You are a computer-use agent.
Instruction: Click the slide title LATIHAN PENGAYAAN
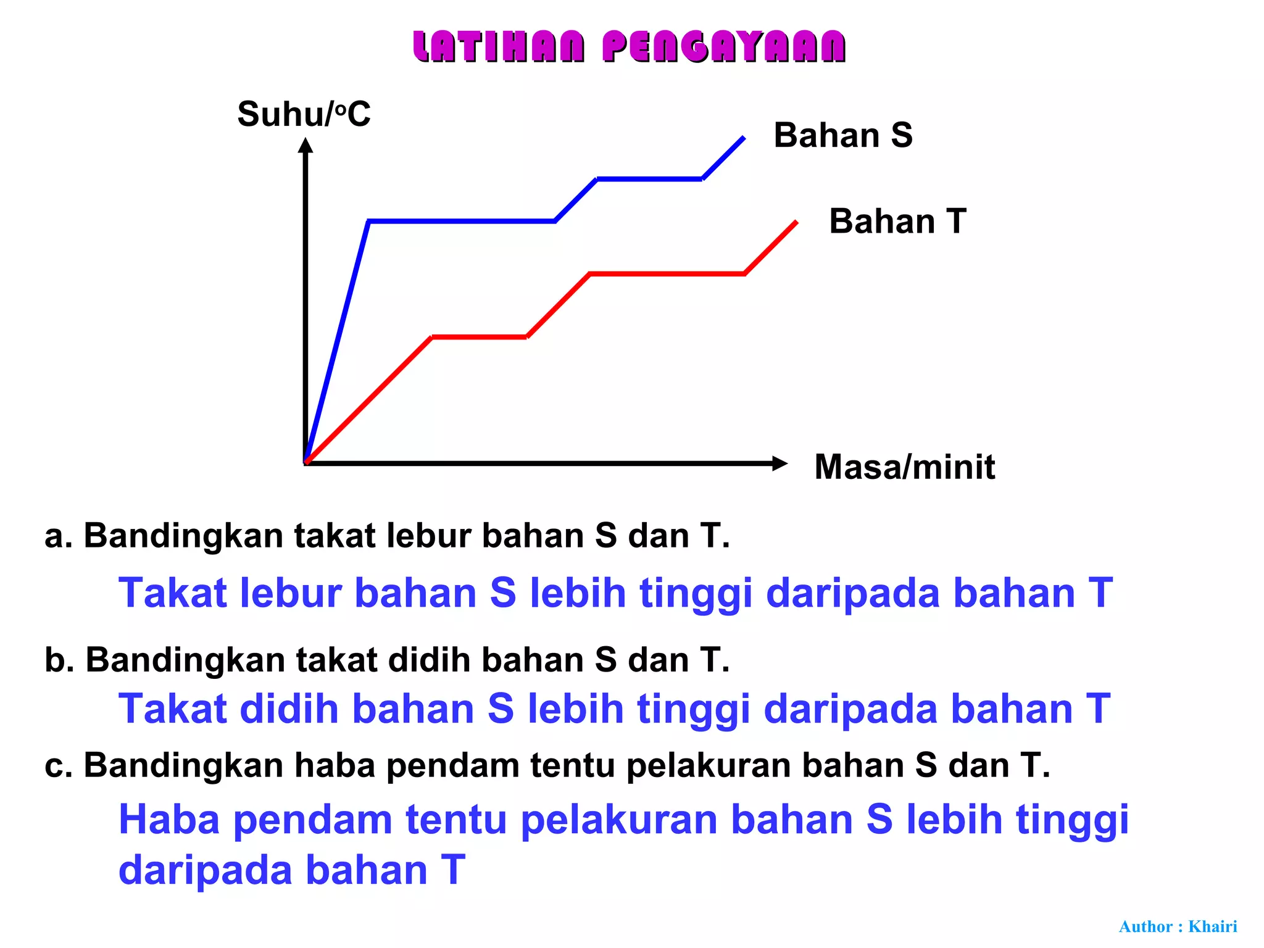pos(630,47)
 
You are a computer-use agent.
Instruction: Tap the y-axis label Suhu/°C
pos(304,114)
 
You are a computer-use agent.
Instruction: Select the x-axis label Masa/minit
pos(904,467)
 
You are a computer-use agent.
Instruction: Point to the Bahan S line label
pos(842,135)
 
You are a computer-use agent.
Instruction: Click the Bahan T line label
pos(897,221)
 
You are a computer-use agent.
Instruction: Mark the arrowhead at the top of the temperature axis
pos(306,146)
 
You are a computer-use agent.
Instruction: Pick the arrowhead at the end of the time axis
pos(780,463)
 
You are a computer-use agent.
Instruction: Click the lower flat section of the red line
pos(480,337)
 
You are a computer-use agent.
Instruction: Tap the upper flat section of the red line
pos(667,273)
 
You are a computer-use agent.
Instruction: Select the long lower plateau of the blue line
pos(462,220)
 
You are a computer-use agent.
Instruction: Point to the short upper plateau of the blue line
pos(649,179)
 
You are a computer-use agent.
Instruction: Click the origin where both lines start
pos(306,462)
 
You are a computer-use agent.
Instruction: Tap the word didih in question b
pos(430,660)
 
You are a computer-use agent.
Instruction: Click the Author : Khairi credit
pos(1178,926)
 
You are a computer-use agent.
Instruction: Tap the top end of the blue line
pos(743,138)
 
